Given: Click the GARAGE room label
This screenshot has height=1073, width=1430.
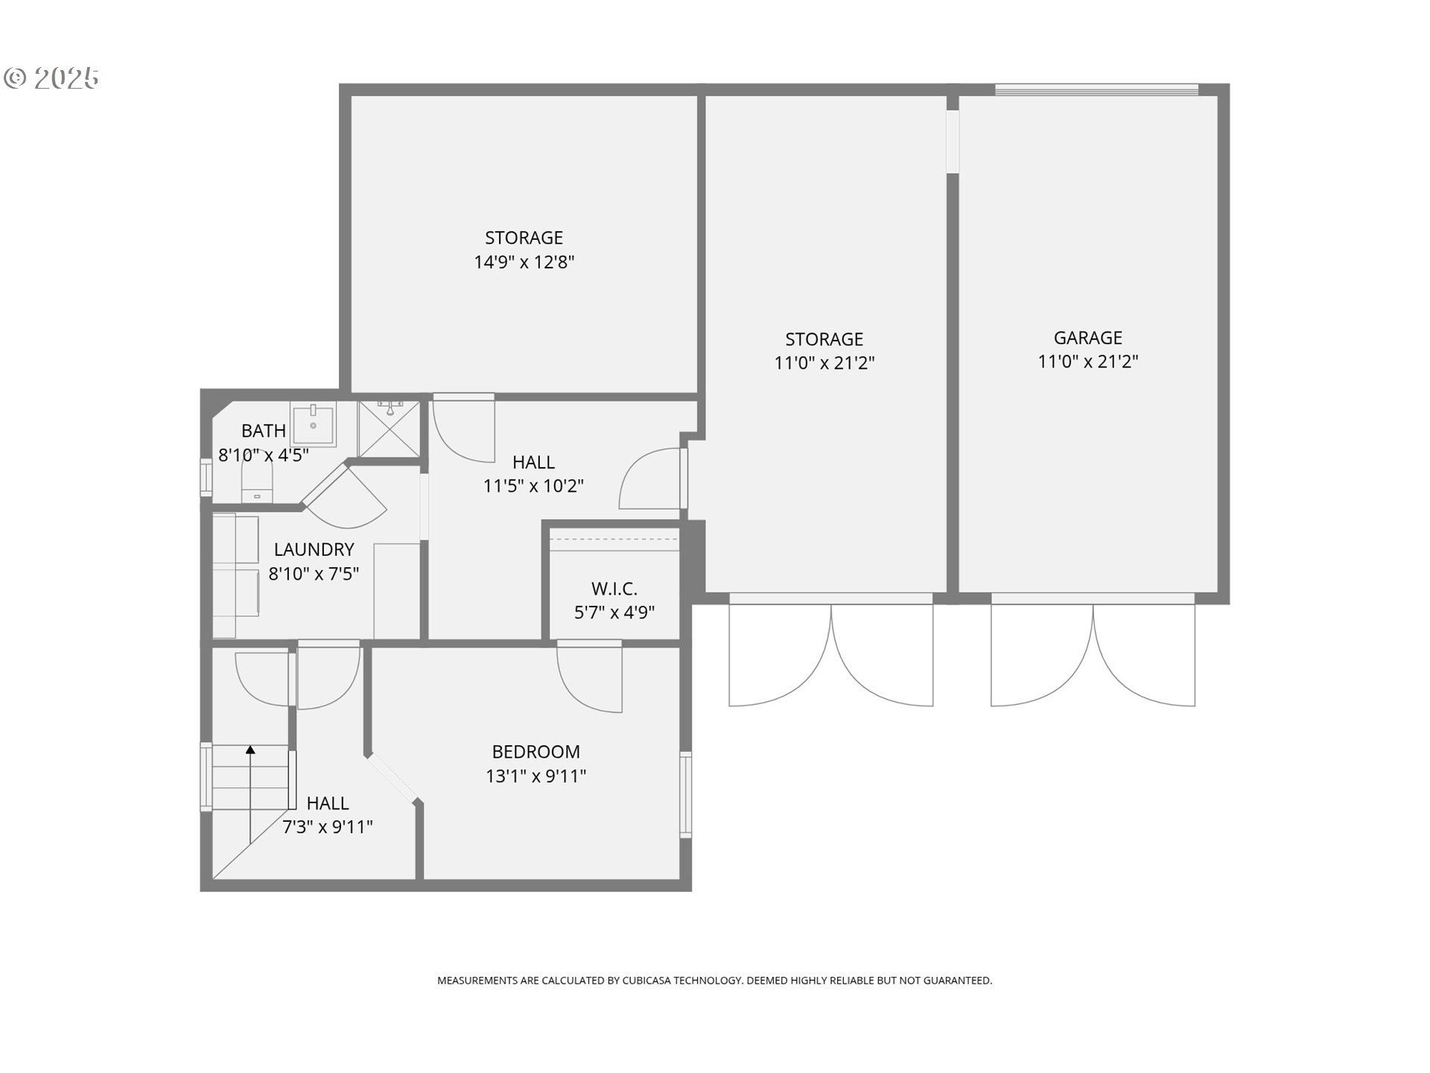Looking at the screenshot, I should pyautogui.click(x=1087, y=338).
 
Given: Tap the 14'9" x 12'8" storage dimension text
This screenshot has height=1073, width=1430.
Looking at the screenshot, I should pyautogui.click(x=524, y=262).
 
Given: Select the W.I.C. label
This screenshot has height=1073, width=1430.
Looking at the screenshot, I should pyautogui.click(x=614, y=589).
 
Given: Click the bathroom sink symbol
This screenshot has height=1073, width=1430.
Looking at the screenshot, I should pyautogui.click(x=313, y=424).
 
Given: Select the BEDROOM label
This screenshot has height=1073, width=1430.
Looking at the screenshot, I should pyautogui.click(x=536, y=752).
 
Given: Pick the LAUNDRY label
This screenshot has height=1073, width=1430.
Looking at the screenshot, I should pyautogui.click(x=314, y=549).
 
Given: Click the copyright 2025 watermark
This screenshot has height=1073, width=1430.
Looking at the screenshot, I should pyautogui.click(x=51, y=77).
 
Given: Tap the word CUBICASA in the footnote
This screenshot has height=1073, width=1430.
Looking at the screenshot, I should pyautogui.click(x=646, y=981).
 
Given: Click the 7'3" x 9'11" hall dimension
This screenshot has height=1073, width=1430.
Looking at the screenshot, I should pyautogui.click(x=327, y=827).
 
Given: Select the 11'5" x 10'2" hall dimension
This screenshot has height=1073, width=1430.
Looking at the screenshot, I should pyautogui.click(x=533, y=487).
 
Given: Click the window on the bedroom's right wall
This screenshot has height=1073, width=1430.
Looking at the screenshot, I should pyautogui.click(x=685, y=794).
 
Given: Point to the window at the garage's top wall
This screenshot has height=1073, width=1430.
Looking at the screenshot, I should pyautogui.click(x=1096, y=90).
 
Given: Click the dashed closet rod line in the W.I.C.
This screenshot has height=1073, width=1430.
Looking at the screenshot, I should pyautogui.click(x=614, y=539).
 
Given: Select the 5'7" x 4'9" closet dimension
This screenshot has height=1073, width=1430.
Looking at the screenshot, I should pyautogui.click(x=614, y=613).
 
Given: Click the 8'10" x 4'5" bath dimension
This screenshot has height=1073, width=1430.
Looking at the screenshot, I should pyautogui.click(x=263, y=455).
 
